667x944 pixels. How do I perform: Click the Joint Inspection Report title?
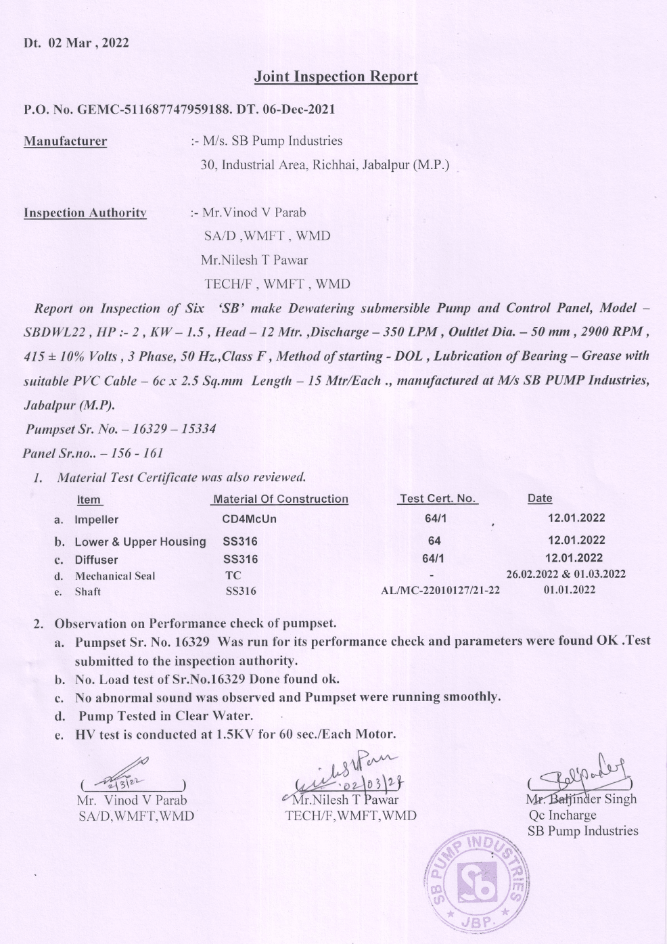(x=336, y=77)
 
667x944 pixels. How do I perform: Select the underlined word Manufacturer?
(x=65, y=141)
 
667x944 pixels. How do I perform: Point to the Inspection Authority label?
(x=85, y=213)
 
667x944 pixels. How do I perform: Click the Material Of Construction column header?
(x=280, y=499)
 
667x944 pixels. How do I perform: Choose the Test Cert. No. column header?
(x=438, y=499)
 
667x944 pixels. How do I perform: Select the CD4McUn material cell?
(x=249, y=520)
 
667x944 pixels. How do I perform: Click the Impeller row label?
(x=96, y=520)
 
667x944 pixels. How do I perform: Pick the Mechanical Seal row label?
(x=115, y=577)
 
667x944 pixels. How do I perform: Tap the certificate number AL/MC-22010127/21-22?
(x=440, y=591)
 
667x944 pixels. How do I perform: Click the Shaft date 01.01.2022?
(x=570, y=590)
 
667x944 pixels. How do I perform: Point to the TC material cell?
(x=233, y=576)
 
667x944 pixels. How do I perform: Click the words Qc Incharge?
(x=562, y=815)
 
